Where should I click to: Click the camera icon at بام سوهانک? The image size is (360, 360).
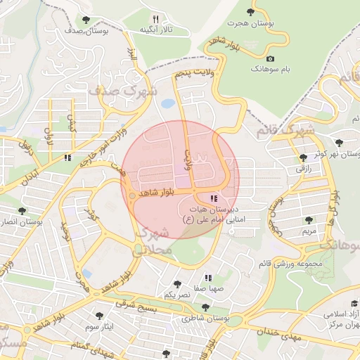[x=271, y=59]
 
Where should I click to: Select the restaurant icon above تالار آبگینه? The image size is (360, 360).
[x=156, y=19]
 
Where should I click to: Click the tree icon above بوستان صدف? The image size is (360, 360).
[x=86, y=20]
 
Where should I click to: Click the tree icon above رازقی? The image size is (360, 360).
[x=303, y=157]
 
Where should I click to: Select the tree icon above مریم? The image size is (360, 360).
[x=309, y=220]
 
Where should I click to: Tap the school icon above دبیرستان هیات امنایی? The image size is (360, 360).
[x=214, y=199]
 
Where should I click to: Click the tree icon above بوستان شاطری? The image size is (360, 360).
[x=205, y=307]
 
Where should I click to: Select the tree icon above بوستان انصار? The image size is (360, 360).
[x=22, y=210]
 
